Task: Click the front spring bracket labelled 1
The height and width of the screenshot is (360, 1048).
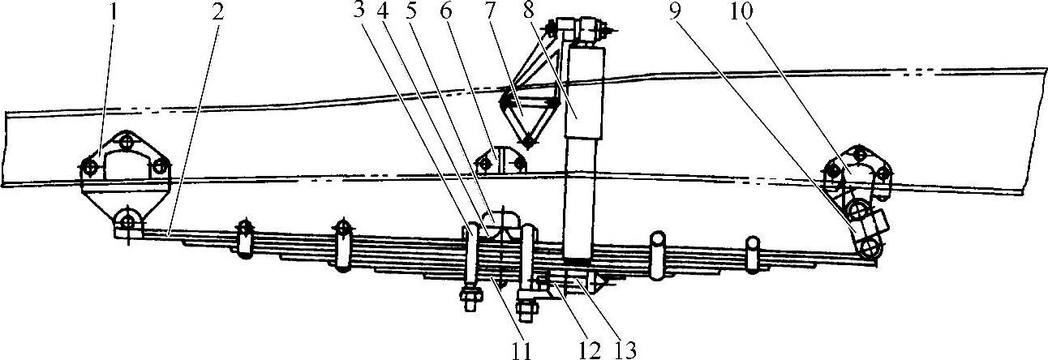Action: point(125,166)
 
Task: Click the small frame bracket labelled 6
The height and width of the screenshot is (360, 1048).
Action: point(503,161)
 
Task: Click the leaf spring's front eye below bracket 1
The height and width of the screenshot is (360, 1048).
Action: point(127,222)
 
